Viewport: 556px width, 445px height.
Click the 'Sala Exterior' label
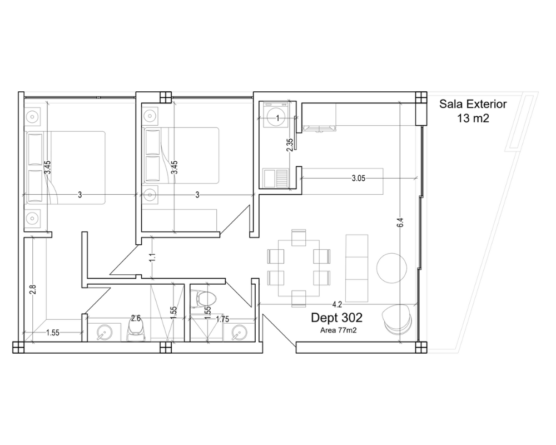pyautogui.click(x=473, y=104)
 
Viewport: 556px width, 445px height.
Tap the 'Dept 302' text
pyautogui.click(x=336, y=318)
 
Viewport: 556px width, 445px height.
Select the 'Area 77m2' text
pyautogui.click(x=338, y=330)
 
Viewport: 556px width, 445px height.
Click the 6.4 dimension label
pyautogui.click(x=400, y=222)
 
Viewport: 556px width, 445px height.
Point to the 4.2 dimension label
pyautogui.click(x=337, y=304)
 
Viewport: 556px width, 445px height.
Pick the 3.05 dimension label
pyautogui.click(x=359, y=179)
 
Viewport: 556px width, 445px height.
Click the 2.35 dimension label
pyautogui.click(x=290, y=145)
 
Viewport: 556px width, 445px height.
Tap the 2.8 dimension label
pyautogui.click(x=33, y=290)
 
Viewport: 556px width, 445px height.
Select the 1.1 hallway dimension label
pyautogui.click(x=152, y=258)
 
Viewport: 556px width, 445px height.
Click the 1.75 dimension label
pyautogui.click(x=222, y=319)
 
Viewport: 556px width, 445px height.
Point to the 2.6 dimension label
pyautogui.click(x=136, y=318)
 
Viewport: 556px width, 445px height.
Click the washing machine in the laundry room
pyautogui.click(x=277, y=115)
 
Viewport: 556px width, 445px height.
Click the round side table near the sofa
pyautogui.click(x=391, y=268)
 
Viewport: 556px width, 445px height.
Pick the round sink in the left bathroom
pyautogui.click(x=105, y=333)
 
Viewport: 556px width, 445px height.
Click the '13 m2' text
pyautogui.click(x=473, y=118)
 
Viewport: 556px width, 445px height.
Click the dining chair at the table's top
pyautogui.click(x=299, y=238)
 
